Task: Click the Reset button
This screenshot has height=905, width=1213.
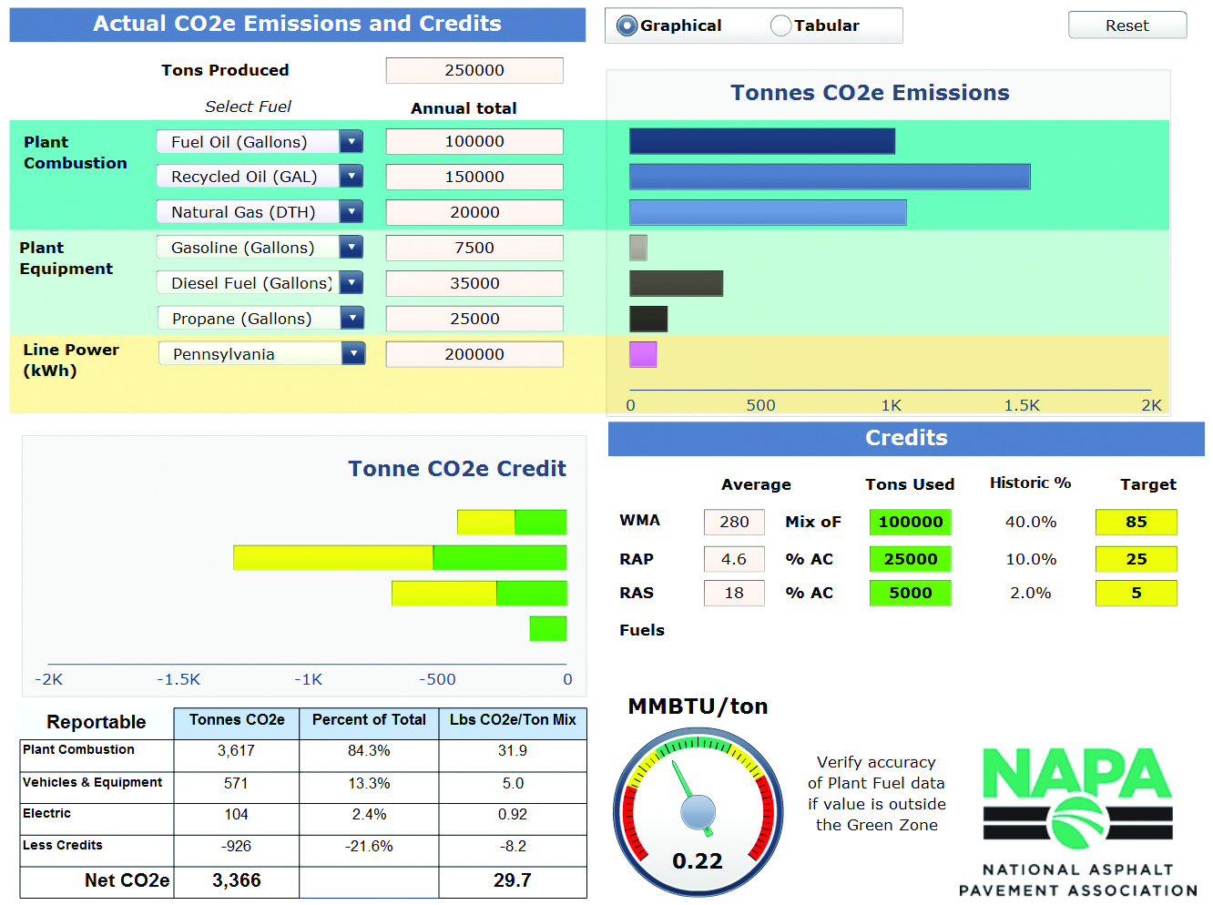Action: [1126, 25]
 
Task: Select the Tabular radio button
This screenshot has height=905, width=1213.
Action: [780, 25]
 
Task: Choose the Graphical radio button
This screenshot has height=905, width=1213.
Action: [627, 25]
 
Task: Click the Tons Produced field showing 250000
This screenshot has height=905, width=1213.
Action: [474, 70]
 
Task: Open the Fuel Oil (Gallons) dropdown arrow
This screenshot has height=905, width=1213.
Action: [351, 141]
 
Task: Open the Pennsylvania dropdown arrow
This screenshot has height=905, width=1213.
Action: [352, 353]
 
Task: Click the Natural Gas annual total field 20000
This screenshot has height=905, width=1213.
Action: [474, 212]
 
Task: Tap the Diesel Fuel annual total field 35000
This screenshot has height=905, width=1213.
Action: [474, 283]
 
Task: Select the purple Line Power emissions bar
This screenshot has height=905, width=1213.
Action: [643, 354]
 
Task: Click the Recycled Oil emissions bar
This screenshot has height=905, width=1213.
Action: [829, 177]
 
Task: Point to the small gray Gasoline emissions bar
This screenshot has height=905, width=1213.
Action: [638, 248]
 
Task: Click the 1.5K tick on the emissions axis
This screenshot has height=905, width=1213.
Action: [1021, 405]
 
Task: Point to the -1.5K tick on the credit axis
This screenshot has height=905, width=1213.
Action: [178, 679]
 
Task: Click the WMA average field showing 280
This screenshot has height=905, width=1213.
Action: [733, 522]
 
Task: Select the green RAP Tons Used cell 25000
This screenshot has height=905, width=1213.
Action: [910, 559]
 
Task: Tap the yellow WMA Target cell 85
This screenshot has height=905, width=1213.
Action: [1136, 522]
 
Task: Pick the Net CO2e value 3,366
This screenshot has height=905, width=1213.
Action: [236, 880]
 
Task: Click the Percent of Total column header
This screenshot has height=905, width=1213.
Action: [369, 720]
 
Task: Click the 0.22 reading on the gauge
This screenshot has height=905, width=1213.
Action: [698, 861]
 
